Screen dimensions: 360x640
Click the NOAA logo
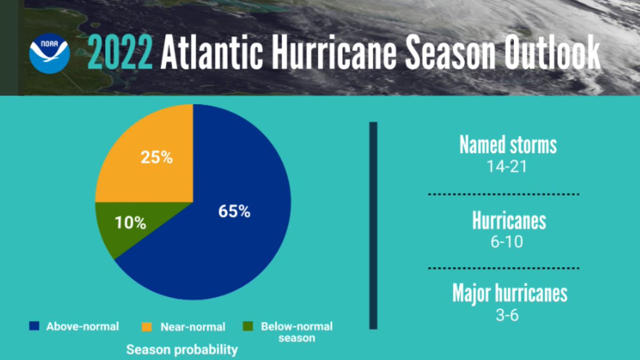click(x=50, y=53)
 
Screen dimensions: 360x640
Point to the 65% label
click(x=234, y=211)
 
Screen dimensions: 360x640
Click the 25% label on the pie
click(x=156, y=158)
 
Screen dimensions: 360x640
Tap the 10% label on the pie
click(x=130, y=223)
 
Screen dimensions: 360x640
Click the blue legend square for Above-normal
click(x=36, y=326)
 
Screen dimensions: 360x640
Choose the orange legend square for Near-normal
click(x=149, y=326)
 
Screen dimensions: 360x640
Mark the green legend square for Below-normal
click(x=248, y=326)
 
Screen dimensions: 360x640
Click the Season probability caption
click(x=182, y=350)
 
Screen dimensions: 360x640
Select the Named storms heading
click(x=508, y=145)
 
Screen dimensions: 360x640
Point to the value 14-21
click(x=507, y=166)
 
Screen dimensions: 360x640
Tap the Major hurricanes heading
click(x=510, y=293)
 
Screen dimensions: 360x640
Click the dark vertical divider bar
click(x=373, y=225)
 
